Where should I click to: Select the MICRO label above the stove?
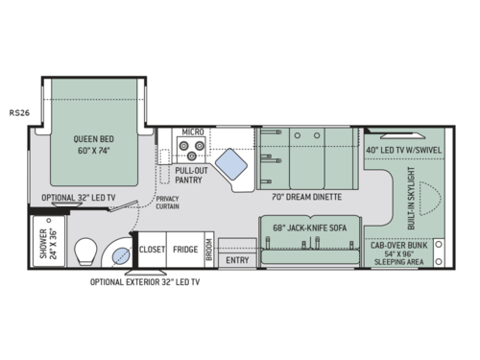click(x=192, y=131)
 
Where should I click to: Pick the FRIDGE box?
click(x=185, y=250)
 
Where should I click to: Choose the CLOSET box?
click(x=152, y=250)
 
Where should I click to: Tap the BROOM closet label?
click(x=208, y=249)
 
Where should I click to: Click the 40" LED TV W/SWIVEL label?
click(x=403, y=149)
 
